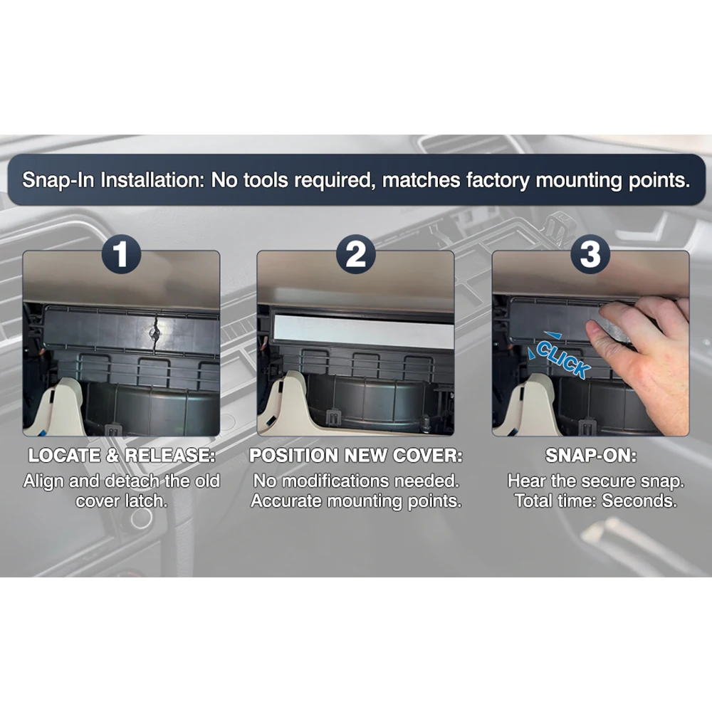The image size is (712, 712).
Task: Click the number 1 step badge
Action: coord(121,254)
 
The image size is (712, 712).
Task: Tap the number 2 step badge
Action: coord(356,254)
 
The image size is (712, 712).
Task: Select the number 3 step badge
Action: coord(590,254)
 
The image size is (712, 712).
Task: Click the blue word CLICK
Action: coord(562,360)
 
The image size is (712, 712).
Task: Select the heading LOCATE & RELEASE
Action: coord(122,456)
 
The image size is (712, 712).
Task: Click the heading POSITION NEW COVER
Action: coord(356,456)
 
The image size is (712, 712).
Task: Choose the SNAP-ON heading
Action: coord(591,456)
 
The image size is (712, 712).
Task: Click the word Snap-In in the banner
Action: coord(58,180)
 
